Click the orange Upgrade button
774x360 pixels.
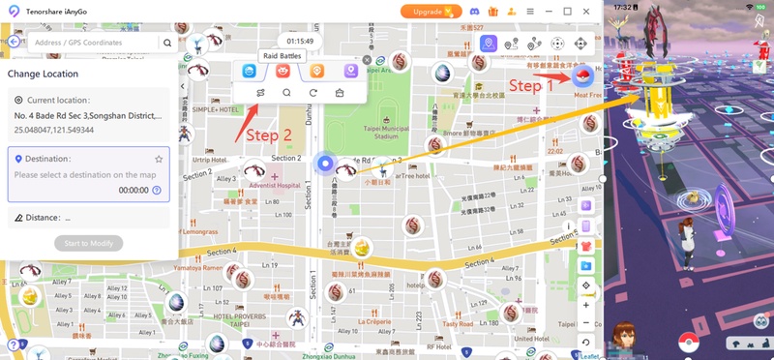click(431, 12)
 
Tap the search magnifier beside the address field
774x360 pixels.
click(167, 43)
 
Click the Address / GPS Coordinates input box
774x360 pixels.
click(92, 43)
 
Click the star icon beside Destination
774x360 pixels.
click(159, 159)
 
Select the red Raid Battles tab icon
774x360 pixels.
click(282, 71)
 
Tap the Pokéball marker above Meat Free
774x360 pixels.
click(583, 76)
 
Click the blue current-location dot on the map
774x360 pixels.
click(326, 165)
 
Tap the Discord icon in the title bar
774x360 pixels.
click(475, 12)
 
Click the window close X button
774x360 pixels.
click(587, 12)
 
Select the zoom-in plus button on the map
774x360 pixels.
click(586, 305)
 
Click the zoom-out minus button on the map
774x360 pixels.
click(586, 323)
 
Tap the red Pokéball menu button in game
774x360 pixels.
click(689, 342)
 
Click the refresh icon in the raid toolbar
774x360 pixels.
click(313, 93)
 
